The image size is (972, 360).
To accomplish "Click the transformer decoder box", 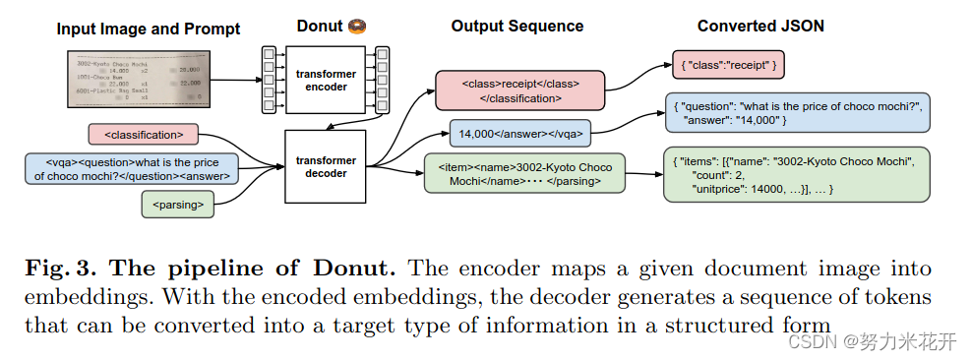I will [x=324, y=166].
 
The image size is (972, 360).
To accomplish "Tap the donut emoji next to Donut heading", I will [x=357, y=27].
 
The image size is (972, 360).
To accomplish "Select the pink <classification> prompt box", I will [x=143, y=133].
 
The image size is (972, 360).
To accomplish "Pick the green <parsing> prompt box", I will [x=178, y=205].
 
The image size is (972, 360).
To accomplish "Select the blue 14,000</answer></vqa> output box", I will [x=521, y=133].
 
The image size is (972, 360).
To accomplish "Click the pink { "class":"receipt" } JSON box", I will [x=728, y=65].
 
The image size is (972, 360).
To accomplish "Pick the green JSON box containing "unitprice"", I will [x=796, y=174].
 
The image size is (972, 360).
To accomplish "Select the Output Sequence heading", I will [x=516, y=27].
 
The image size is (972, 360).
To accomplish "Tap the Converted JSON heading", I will [x=760, y=27].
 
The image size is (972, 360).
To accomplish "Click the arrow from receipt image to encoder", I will [x=236, y=81].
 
